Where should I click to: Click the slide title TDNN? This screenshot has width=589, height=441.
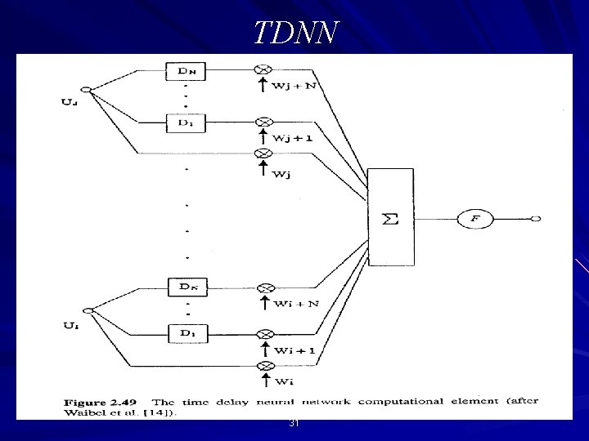[x=294, y=33]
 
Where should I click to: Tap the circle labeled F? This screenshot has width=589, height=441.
[x=480, y=219]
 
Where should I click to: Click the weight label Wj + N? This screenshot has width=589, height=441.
[x=295, y=87]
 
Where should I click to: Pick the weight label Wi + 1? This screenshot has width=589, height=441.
[x=295, y=350]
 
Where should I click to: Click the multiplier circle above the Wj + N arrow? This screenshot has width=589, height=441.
[x=263, y=71]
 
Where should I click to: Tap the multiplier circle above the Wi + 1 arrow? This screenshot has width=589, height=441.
[x=263, y=334]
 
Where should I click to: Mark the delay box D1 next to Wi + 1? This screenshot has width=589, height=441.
[x=187, y=334]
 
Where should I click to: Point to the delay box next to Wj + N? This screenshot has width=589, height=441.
[x=187, y=71]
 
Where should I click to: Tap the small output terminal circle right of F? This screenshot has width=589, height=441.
[x=537, y=219]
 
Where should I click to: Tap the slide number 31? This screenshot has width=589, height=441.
[x=294, y=424]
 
